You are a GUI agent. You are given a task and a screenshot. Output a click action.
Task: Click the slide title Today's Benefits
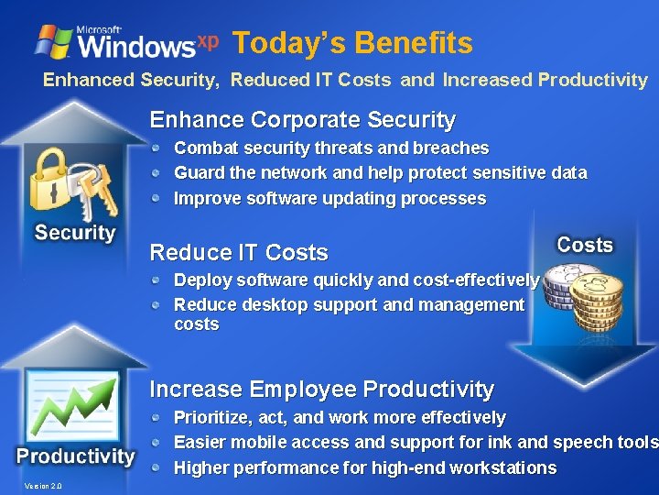(352, 43)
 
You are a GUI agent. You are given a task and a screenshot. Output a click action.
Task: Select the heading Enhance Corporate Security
(302, 120)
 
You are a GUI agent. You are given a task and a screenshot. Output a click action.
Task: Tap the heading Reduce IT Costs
(238, 252)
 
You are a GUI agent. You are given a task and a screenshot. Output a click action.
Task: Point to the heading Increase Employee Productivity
(321, 390)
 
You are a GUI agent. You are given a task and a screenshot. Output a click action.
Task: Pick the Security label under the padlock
(75, 233)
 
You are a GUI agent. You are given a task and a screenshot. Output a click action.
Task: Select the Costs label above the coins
(584, 245)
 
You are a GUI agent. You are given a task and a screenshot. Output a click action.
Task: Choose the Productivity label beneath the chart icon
(75, 456)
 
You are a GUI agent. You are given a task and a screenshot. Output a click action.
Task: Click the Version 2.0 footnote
(44, 486)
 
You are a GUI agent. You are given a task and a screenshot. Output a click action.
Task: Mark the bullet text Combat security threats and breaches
(331, 148)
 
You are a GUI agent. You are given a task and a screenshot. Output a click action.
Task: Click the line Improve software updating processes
(329, 198)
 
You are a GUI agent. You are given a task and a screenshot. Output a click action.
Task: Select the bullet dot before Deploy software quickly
(157, 280)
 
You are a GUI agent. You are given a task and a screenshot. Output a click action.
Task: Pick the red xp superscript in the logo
(208, 41)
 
